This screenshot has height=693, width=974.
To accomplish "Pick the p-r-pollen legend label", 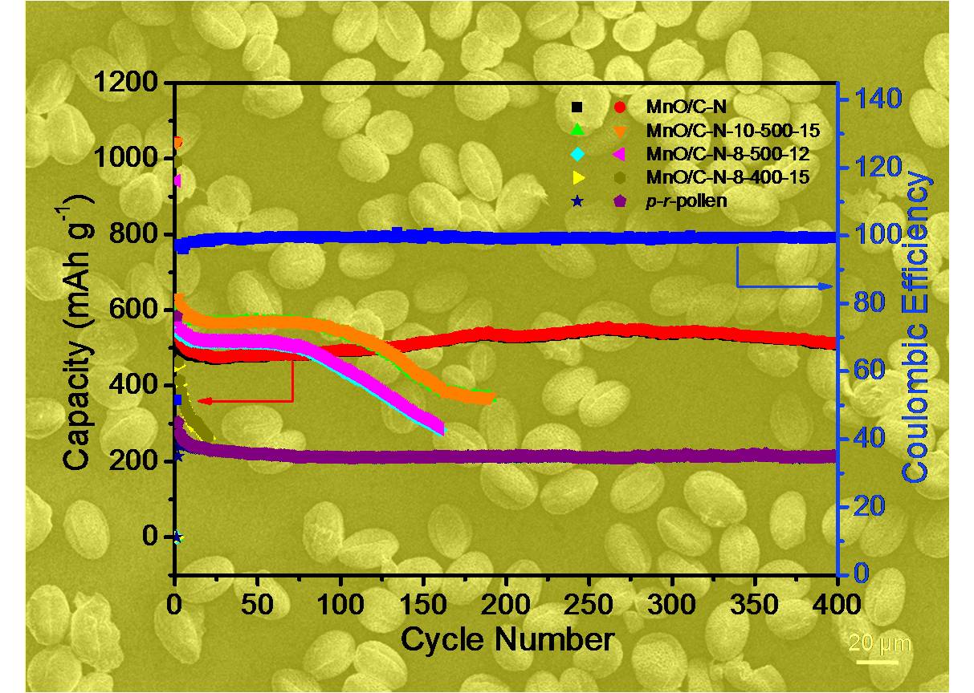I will click(x=687, y=201).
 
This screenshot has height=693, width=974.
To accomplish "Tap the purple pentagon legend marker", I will click(x=619, y=201).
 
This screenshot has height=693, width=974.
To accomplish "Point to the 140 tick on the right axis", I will click(x=878, y=99).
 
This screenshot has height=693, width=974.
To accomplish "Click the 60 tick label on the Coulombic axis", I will click(x=870, y=371).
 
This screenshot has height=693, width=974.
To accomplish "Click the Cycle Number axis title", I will click(x=507, y=639).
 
